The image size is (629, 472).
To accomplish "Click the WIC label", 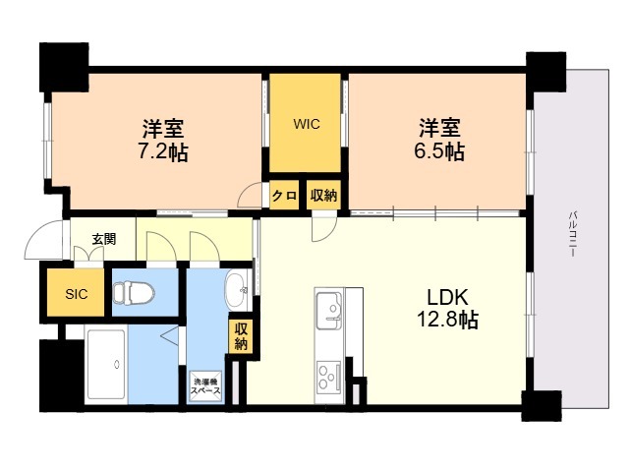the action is pyautogui.click(x=306, y=124).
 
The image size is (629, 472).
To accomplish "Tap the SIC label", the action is pyautogui.click(x=77, y=294).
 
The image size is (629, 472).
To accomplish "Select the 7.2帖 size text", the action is pyautogui.click(x=163, y=152).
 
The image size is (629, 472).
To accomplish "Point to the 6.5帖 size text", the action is pyautogui.click(x=439, y=152).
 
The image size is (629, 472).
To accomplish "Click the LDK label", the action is pyautogui.click(x=448, y=297).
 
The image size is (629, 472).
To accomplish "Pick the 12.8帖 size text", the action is pyautogui.click(x=448, y=320).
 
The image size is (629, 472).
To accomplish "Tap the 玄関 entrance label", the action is pyautogui.click(x=104, y=239).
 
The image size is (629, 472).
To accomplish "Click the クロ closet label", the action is pyautogui.click(x=284, y=196).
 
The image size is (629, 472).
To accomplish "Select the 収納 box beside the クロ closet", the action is pyautogui.click(x=323, y=196).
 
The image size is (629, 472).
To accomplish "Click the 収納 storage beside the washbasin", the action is pyautogui.click(x=241, y=336).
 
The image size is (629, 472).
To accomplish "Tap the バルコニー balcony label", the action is pyautogui.click(x=573, y=234).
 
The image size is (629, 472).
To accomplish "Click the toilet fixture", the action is pyautogui.click(x=134, y=293).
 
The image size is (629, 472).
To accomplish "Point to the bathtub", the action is pyautogui.click(x=106, y=365).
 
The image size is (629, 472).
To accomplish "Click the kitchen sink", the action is pyautogui.click(x=329, y=311).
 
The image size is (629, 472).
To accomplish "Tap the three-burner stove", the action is pyautogui.click(x=329, y=377).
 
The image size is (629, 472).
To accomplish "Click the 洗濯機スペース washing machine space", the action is pyautogui.click(x=205, y=386).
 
